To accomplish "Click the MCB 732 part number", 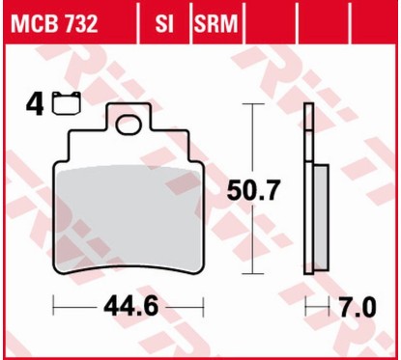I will [55, 22].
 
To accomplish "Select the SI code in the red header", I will [163, 22].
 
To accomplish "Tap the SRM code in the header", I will [216, 22].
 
